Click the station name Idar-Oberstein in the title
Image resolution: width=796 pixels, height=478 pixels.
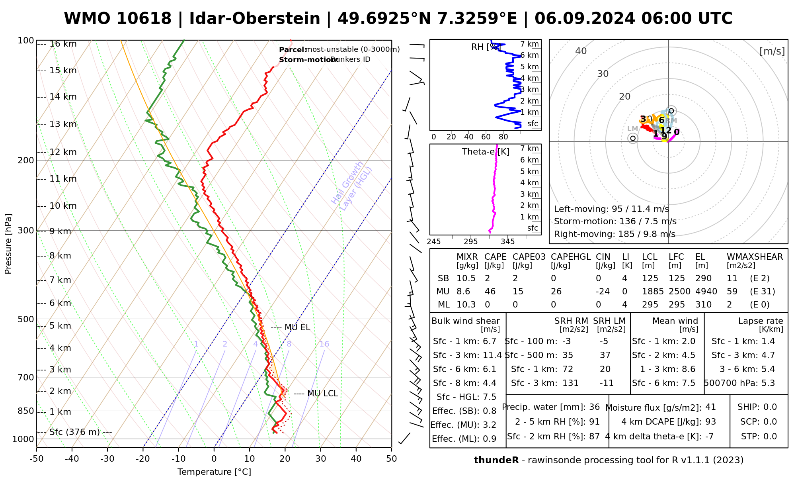coord(254,19)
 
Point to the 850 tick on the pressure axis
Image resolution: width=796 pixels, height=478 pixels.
coord(26,411)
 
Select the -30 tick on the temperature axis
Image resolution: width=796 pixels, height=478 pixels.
coord(107,459)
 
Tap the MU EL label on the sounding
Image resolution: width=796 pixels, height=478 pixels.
coord(297,327)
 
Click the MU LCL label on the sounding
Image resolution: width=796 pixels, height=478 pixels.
coord(322,394)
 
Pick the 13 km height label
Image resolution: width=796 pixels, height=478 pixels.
coord(63,124)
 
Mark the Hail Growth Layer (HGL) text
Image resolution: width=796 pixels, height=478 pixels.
coord(352,186)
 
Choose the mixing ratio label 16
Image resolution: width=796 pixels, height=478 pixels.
coord(324,344)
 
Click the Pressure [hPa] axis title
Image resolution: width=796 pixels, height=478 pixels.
coord(8,244)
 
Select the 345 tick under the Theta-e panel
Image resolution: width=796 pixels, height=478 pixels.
coord(507,242)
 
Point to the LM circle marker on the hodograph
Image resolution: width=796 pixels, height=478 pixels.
coord(633,138)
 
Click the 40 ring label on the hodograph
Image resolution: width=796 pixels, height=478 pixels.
coord(581,51)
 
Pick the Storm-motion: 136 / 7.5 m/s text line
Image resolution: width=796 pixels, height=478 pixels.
coord(615,221)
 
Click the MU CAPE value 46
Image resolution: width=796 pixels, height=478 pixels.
coord(490,292)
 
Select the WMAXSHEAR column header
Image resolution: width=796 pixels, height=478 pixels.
coord(755,257)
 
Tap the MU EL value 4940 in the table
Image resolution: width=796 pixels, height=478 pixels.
coord(706,292)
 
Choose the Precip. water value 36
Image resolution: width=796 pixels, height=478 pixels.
coord(594,407)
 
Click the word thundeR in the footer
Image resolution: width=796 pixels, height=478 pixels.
coord(496,460)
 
